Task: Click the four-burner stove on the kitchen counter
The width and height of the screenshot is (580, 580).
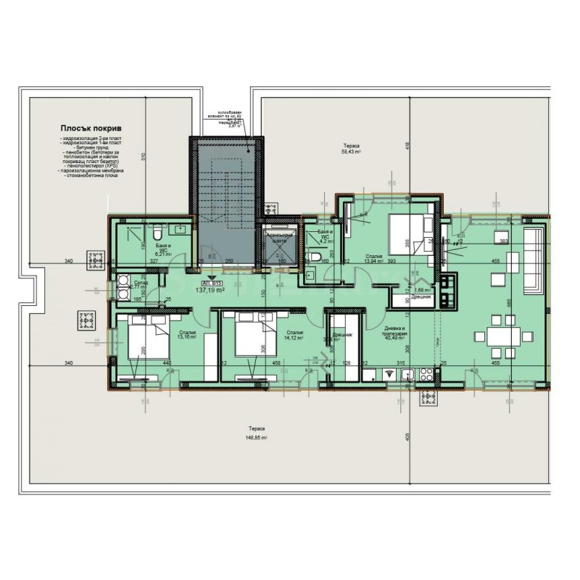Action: [426, 374]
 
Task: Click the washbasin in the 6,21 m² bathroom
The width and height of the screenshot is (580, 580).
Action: [180, 230]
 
